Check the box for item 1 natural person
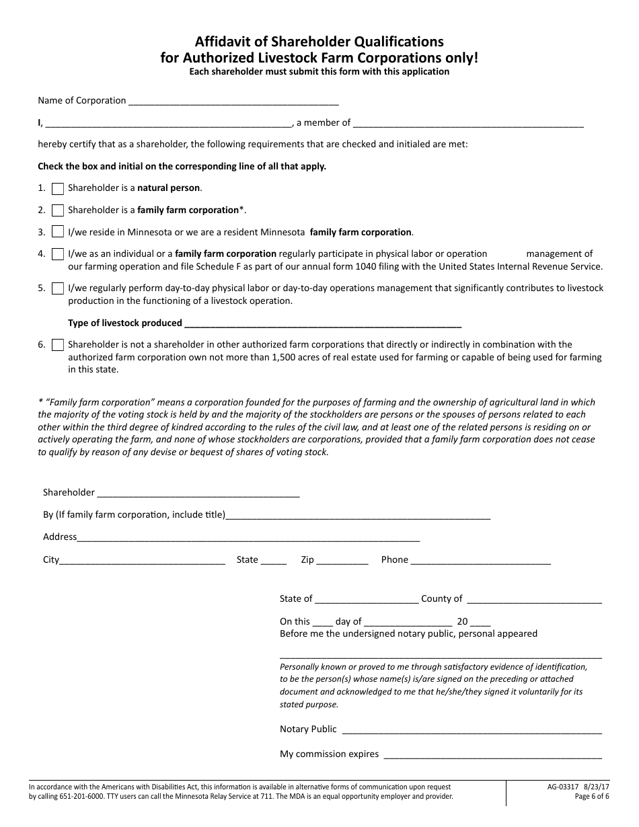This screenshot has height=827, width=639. click(x=58, y=189)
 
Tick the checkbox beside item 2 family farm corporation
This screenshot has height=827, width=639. click(x=58, y=210)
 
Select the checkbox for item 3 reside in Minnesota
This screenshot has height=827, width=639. click(x=58, y=233)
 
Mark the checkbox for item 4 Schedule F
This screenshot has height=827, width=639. click(x=58, y=254)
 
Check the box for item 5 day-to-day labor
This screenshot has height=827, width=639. click(x=58, y=288)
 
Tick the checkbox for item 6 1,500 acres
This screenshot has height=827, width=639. click(x=58, y=345)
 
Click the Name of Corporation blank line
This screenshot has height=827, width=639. click(x=233, y=102)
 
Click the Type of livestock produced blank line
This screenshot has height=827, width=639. click(x=322, y=324)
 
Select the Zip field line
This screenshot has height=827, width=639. click(x=342, y=561)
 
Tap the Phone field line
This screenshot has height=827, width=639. click(x=480, y=561)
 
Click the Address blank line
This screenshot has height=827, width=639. click(x=248, y=539)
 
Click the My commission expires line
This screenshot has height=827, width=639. click(x=492, y=756)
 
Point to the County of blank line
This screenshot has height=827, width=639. click(x=533, y=600)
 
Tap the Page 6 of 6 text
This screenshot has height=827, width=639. click(x=592, y=797)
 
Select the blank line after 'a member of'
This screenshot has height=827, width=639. click(x=468, y=124)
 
